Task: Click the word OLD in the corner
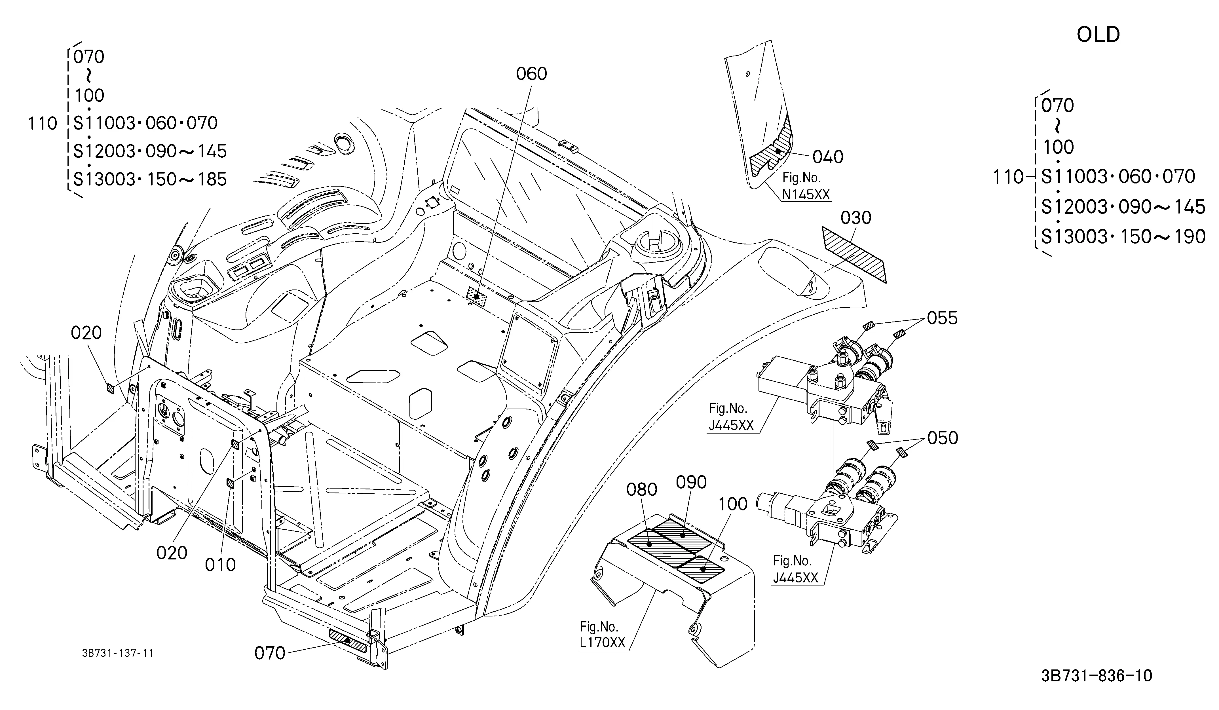coord(1098,35)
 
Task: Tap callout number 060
coord(531,74)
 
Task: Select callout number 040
coord(828,157)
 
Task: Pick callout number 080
coord(642,490)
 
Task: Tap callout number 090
coord(691,482)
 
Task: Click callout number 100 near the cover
coord(733,504)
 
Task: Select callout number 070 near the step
coord(270,653)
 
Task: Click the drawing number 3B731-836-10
coord(1097,676)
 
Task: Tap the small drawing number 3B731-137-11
coord(118,653)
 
